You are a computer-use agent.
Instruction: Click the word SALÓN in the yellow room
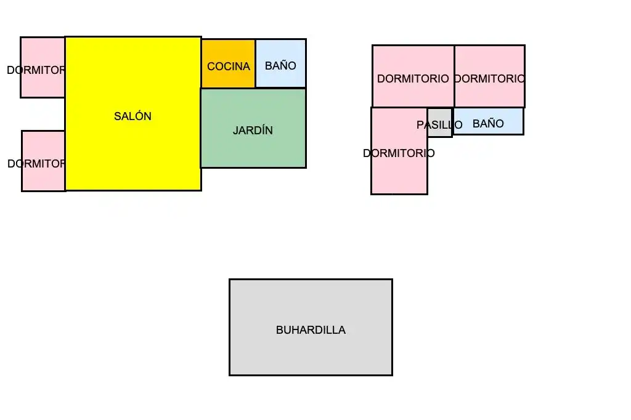click(x=132, y=116)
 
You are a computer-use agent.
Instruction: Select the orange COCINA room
click(x=228, y=63)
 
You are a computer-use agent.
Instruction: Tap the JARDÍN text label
click(x=253, y=131)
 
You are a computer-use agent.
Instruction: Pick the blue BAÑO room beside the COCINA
click(x=281, y=63)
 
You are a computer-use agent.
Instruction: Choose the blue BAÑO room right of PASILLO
click(x=488, y=121)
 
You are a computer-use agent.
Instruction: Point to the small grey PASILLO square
click(x=440, y=123)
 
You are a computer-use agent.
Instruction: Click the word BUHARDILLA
click(x=311, y=330)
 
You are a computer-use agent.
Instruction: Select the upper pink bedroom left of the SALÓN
click(x=43, y=67)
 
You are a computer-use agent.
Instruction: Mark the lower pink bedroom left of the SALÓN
click(x=44, y=161)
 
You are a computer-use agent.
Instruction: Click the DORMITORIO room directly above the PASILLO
click(x=413, y=76)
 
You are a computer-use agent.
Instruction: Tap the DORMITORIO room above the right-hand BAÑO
click(x=490, y=76)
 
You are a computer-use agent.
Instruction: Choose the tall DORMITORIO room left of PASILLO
click(x=399, y=151)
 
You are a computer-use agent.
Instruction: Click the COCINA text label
click(x=229, y=67)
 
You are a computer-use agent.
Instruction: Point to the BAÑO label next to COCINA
click(x=280, y=65)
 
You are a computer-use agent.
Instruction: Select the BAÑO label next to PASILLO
click(x=488, y=124)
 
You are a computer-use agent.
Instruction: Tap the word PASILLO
click(x=439, y=125)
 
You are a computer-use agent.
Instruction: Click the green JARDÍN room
click(x=253, y=128)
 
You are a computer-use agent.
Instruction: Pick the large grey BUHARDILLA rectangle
click(x=311, y=327)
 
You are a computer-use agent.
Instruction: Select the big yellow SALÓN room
click(x=133, y=113)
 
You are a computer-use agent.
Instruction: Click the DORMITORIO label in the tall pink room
click(x=399, y=153)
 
